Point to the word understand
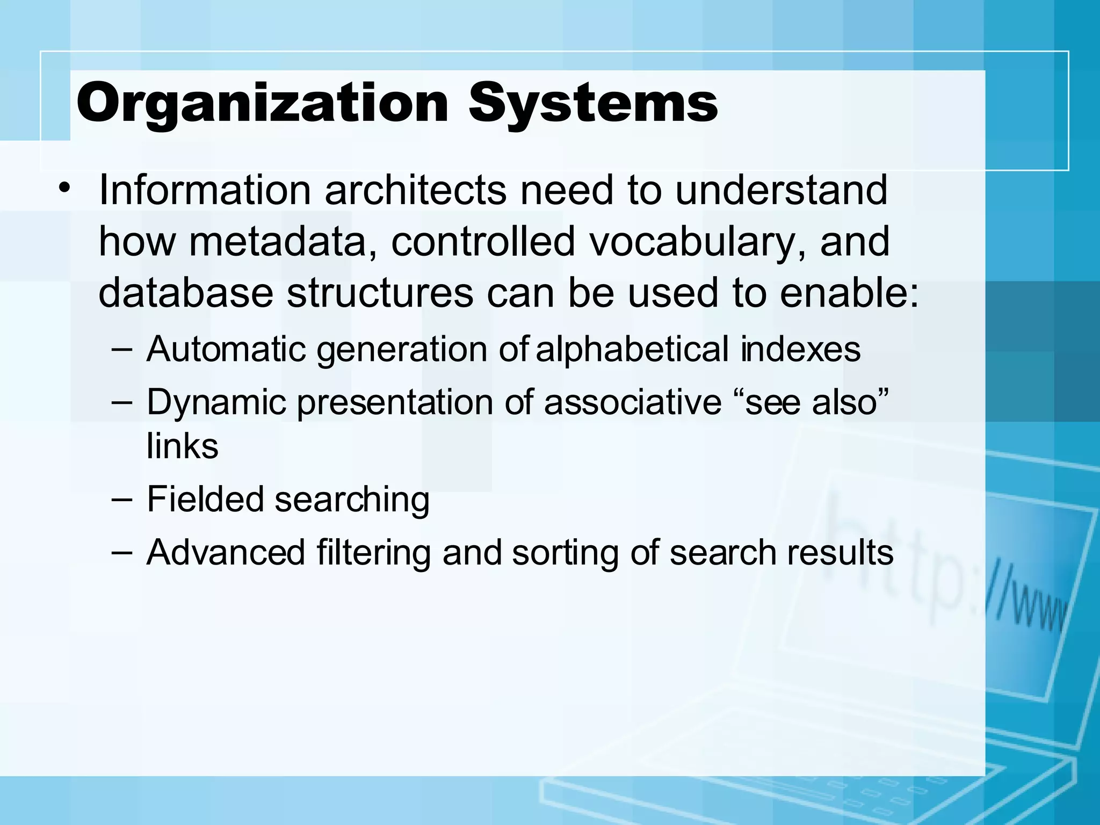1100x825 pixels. point(781,190)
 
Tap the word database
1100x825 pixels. point(185,293)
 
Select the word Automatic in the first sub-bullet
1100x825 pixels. point(226,350)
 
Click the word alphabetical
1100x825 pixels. point(632,350)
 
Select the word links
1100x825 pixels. point(183,446)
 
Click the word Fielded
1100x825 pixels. point(205,500)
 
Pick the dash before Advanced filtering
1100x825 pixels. point(122,552)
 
